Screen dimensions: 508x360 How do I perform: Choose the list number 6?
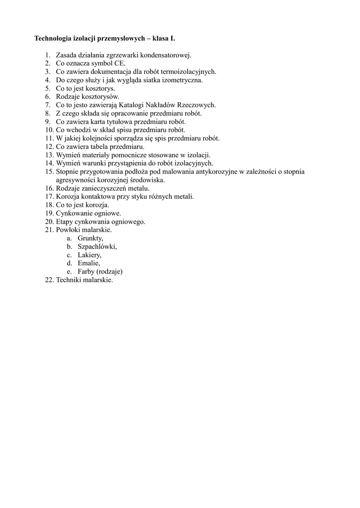tap(48, 97)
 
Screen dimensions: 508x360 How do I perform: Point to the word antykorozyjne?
tap(217, 172)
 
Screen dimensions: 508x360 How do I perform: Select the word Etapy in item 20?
tap(64, 222)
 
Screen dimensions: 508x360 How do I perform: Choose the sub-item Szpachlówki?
tap(97, 247)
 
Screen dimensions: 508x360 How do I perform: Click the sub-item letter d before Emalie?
tap(70, 263)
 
